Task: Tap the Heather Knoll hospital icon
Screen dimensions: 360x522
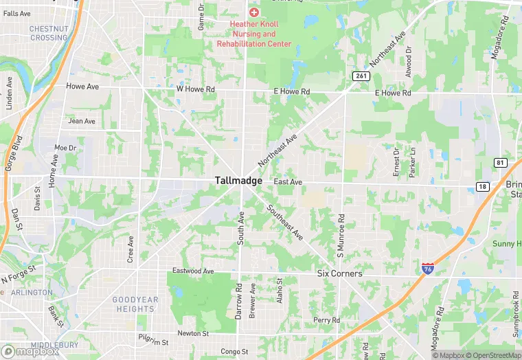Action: [x=254, y=12]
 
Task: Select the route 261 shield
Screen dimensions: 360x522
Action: [x=360, y=76]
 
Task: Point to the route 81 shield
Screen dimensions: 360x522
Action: [x=499, y=162]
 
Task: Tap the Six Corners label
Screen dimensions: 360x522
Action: [x=339, y=273]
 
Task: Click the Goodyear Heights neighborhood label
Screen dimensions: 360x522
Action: [x=135, y=304]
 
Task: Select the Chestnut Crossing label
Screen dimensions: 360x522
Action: [x=49, y=33]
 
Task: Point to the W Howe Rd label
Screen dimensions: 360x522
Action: [x=196, y=89]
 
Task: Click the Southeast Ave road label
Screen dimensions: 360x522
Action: [x=285, y=223]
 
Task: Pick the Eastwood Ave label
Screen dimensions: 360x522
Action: [x=193, y=271]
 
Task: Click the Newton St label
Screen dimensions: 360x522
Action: [x=193, y=334]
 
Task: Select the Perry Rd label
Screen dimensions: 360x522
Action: [x=326, y=320]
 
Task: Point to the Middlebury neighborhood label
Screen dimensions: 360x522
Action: [x=49, y=345]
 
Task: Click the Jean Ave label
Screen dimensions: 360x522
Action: [x=82, y=122]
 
